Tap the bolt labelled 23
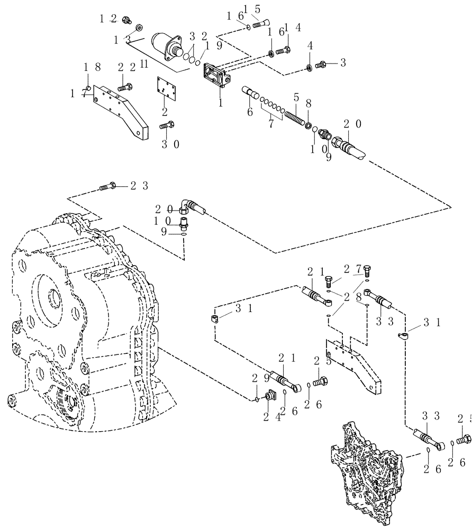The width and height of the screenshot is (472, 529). click(x=107, y=186)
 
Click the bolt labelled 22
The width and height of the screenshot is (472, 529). click(x=125, y=86)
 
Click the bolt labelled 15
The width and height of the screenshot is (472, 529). click(x=260, y=23)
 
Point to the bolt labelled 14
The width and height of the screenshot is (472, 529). click(x=284, y=51)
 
